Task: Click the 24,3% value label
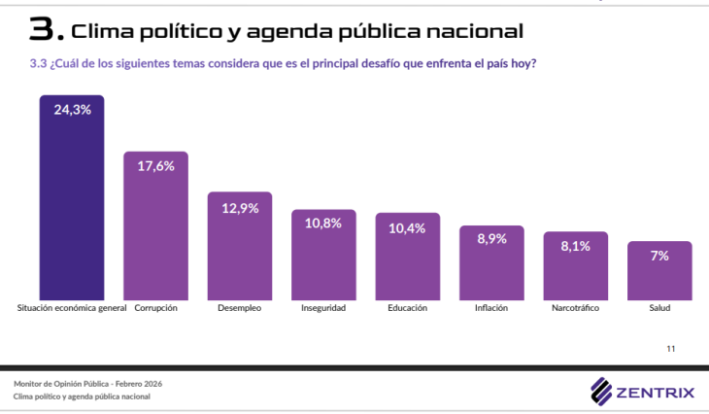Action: point(72,110)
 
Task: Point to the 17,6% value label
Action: point(155,166)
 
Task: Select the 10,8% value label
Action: point(323,223)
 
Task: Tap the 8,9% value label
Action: point(491,239)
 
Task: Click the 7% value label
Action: point(659,255)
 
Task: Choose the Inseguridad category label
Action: point(323,308)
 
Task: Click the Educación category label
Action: point(407,308)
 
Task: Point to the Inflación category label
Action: point(491,308)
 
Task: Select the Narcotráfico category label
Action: point(575,308)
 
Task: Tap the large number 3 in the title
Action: point(43,31)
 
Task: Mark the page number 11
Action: point(670,348)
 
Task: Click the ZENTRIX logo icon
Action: point(601,391)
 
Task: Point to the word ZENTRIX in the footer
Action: point(656,392)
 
